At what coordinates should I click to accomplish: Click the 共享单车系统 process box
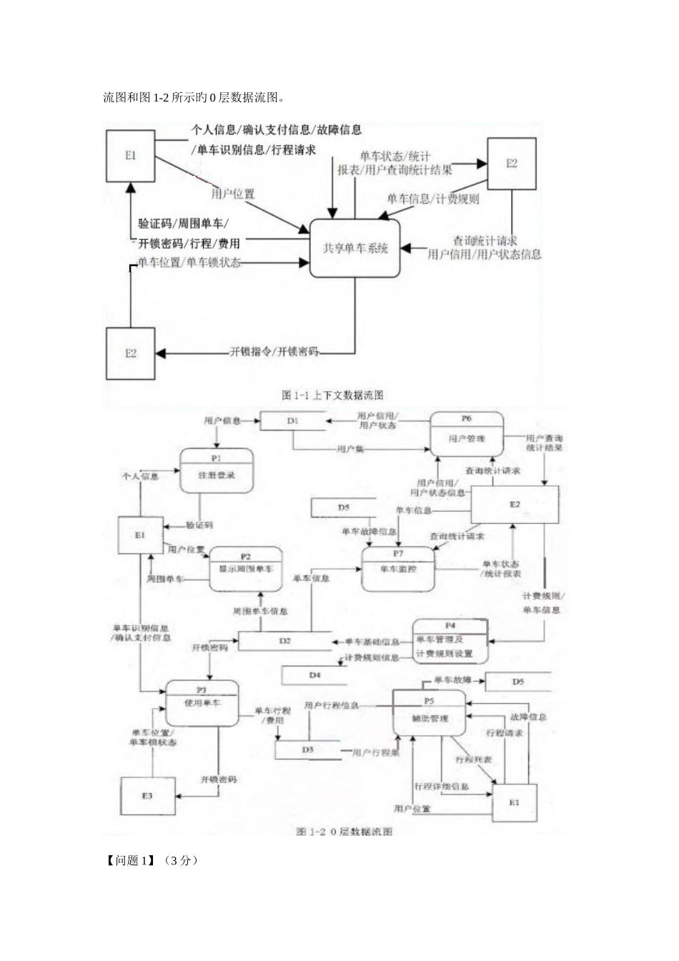click(355, 248)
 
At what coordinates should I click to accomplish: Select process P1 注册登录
click(217, 471)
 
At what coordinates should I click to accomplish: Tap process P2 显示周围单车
click(245, 569)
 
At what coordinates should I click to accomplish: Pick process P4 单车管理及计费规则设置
click(450, 641)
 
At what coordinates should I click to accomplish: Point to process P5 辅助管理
click(429, 713)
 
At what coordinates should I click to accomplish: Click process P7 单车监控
click(398, 568)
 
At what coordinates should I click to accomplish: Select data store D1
click(292, 421)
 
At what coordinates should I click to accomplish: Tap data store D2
click(284, 641)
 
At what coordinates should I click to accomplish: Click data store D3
click(307, 749)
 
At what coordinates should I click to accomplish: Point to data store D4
click(314, 675)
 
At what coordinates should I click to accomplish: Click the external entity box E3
click(147, 795)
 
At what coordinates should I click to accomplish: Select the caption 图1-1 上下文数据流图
click(333, 395)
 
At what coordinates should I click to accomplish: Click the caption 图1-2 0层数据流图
click(345, 832)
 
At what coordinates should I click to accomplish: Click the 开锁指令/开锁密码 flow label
click(274, 352)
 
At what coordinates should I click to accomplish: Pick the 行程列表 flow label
click(473, 759)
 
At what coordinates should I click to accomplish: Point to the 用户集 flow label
click(350, 449)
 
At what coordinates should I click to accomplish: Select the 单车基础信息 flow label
click(372, 641)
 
